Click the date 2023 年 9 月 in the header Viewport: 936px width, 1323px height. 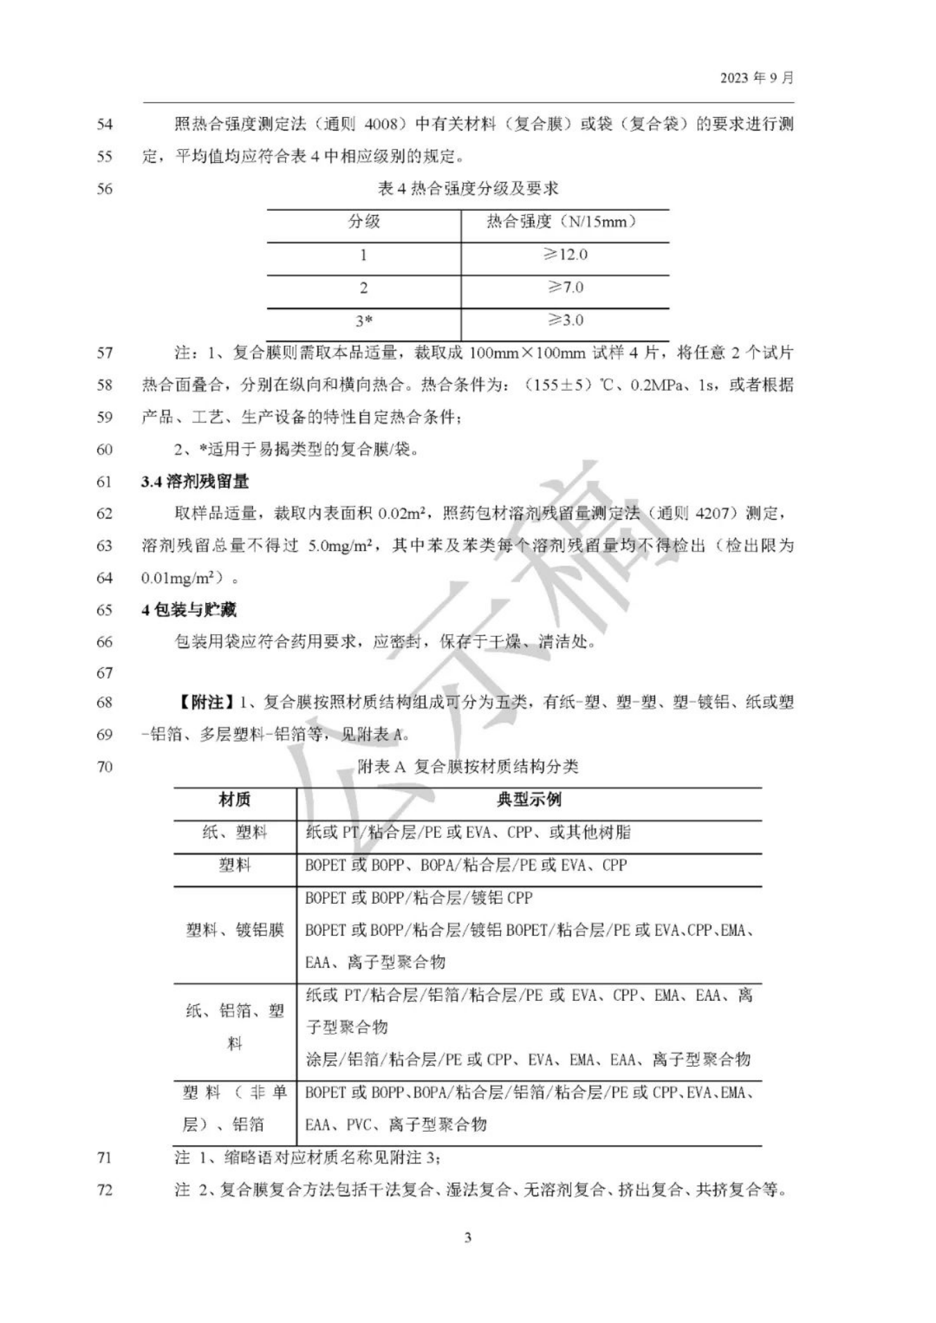pyautogui.click(x=756, y=78)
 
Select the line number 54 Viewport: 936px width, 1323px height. pyautogui.click(x=104, y=125)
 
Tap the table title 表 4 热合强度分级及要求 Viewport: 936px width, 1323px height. pyautogui.click(x=468, y=189)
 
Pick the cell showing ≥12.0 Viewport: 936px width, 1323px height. pyautogui.click(x=565, y=255)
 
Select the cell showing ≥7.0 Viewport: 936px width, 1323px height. pyautogui.click(x=565, y=288)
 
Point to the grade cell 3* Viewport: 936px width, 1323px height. pyautogui.click(x=364, y=321)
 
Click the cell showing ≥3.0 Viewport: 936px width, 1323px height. pyautogui.click(x=565, y=320)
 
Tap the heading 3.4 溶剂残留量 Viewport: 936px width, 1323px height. pyautogui.click(x=195, y=482)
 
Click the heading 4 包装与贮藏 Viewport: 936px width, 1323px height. pyautogui.click(x=189, y=610)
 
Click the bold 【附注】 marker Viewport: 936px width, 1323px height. pyautogui.click(x=203, y=703)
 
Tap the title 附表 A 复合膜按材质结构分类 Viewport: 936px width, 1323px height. pyautogui.click(x=468, y=766)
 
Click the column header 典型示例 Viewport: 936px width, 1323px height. pyautogui.click(x=528, y=800)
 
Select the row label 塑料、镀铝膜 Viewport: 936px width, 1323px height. pyautogui.click(x=235, y=930)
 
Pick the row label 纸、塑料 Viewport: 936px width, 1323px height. pyautogui.click(x=235, y=832)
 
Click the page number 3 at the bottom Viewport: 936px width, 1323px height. pyautogui.click(x=468, y=1238)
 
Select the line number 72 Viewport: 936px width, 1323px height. pyautogui.click(x=104, y=1191)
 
